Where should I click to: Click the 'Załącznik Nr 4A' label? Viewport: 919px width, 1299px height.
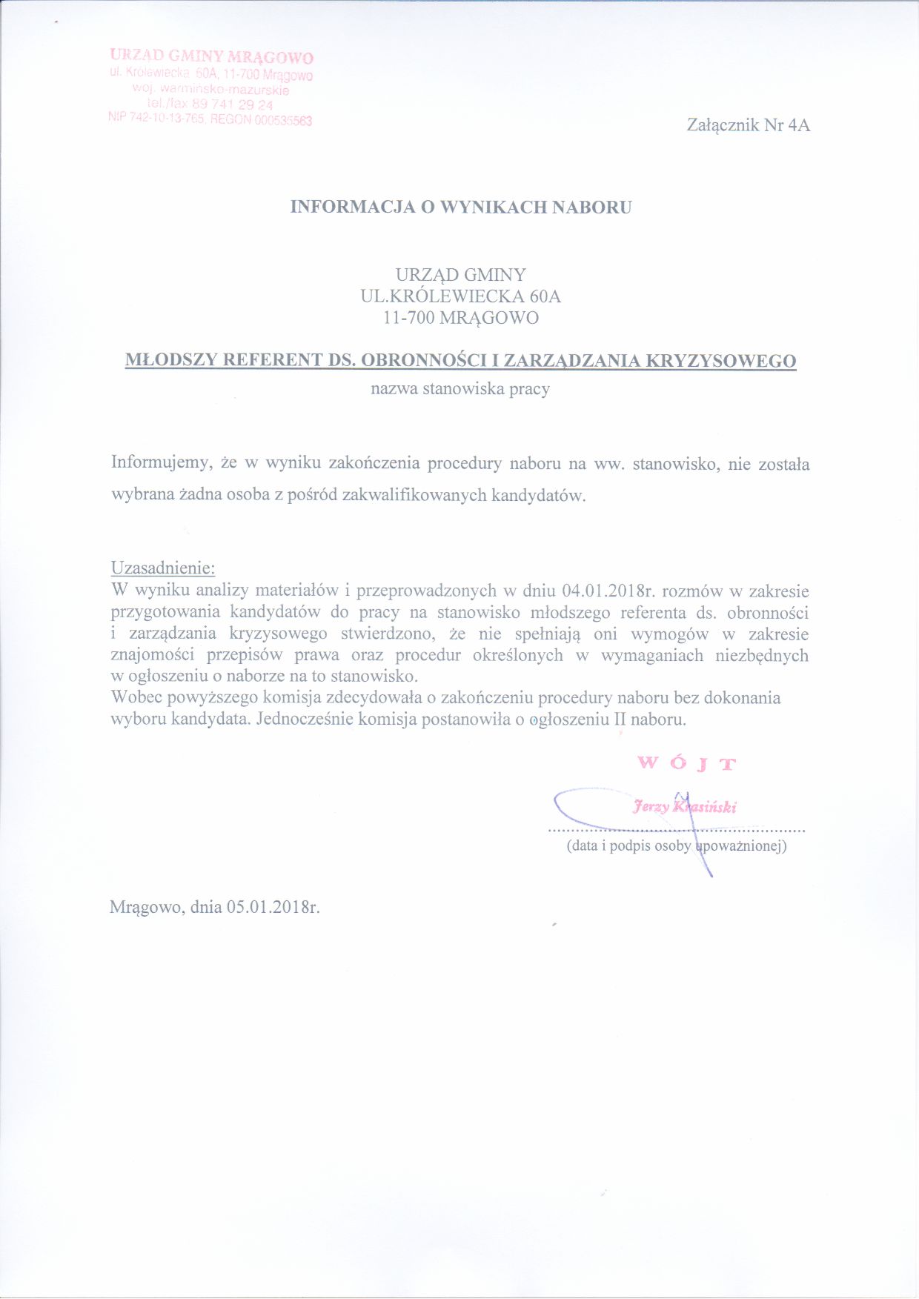tap(748, 125)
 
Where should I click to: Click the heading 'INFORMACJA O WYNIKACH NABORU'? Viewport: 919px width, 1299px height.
tap(460, 207)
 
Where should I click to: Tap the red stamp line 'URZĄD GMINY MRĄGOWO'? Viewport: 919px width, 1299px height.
tap(211, 56)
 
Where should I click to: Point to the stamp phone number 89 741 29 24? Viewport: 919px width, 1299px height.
tap(233, 104)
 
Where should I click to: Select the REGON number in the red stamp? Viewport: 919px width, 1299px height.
tap(283, 120)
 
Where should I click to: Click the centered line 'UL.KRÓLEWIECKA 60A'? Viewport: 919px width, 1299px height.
tap(460, 296)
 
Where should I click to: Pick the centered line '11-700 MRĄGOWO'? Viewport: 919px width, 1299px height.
tap(460, 318)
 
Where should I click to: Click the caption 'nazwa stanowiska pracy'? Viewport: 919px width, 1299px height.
tap(460, 388)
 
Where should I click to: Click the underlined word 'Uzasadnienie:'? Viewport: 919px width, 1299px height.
tap(163, 568)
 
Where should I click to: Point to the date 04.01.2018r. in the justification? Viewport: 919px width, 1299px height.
tap(609, 591)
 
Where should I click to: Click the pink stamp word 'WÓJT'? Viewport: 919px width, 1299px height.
tap(686, 763)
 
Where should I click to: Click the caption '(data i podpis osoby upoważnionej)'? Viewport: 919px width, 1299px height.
tap(676, 845)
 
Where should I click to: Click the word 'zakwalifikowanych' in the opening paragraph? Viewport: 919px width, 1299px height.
tap(414, 495)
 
